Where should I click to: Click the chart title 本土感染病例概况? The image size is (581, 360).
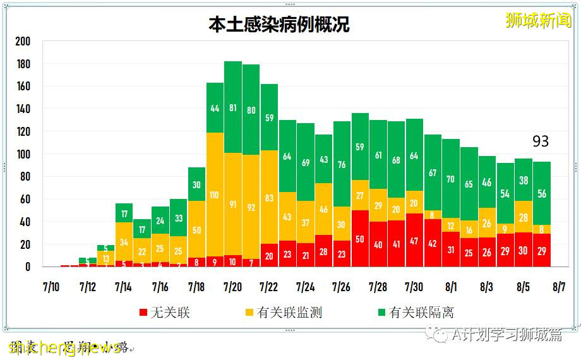click(279, 24)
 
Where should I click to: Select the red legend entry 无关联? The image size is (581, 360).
click(164, 312)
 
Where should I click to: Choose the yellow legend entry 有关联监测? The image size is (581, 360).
click(283, 312)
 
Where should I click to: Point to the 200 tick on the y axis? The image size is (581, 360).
click(23, 42)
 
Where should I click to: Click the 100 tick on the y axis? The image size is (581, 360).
click(23, 155)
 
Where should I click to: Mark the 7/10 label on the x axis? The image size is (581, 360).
click(51, 287)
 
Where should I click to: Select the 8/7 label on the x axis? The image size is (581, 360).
click(559, 287)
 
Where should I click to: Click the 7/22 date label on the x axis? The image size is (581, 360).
click(269, 287)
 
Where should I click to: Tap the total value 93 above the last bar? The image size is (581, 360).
click(541, 141)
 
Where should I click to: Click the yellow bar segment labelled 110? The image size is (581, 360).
click(215, 195)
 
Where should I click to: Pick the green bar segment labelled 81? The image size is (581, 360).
click(233, 107)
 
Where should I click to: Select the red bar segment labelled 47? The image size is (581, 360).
click(414, 241)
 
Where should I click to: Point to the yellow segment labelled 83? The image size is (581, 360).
click(269, 198)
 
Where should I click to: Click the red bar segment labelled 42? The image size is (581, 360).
click(433, 243)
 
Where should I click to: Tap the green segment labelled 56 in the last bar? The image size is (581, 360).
click(541, 193)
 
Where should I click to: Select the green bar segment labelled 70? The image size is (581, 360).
click(451, 179)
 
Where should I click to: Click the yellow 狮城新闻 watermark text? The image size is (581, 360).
click(538, 21)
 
